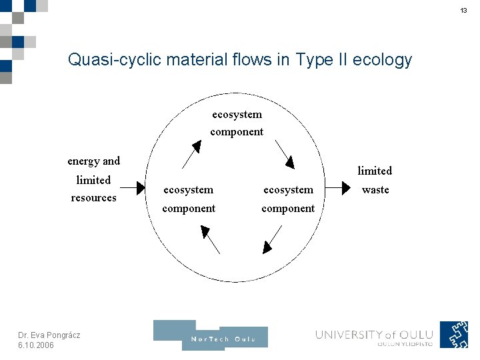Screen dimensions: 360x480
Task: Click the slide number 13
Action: pyautogui.click(x=463, y=11)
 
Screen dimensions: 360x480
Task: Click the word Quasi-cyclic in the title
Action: pyautogui.click(x=109, y=60)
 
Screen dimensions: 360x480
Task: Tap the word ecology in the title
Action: pyautogui.click(x=384, y=61)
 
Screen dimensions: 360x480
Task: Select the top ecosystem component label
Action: pyautogui.click(x=237, y=123)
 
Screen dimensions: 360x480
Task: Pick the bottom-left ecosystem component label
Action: pyautogui.click(x=189, y=199)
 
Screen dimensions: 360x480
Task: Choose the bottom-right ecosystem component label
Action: pyautogui.click(x=288, y=199)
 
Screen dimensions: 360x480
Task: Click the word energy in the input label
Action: pyautogui.click(x=83, y=161)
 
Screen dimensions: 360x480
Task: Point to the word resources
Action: pyautogui.click(x=93, y=197)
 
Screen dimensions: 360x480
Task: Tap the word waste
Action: pyautogui.click(x=375, y=189)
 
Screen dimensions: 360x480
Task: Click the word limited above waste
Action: pyautogui.click(x=375, y=171)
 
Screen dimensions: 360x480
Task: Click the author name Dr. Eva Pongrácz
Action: pyautogui.click(x=49, y=335)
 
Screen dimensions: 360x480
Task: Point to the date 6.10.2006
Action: pyautogui.click(x=37, y=345)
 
